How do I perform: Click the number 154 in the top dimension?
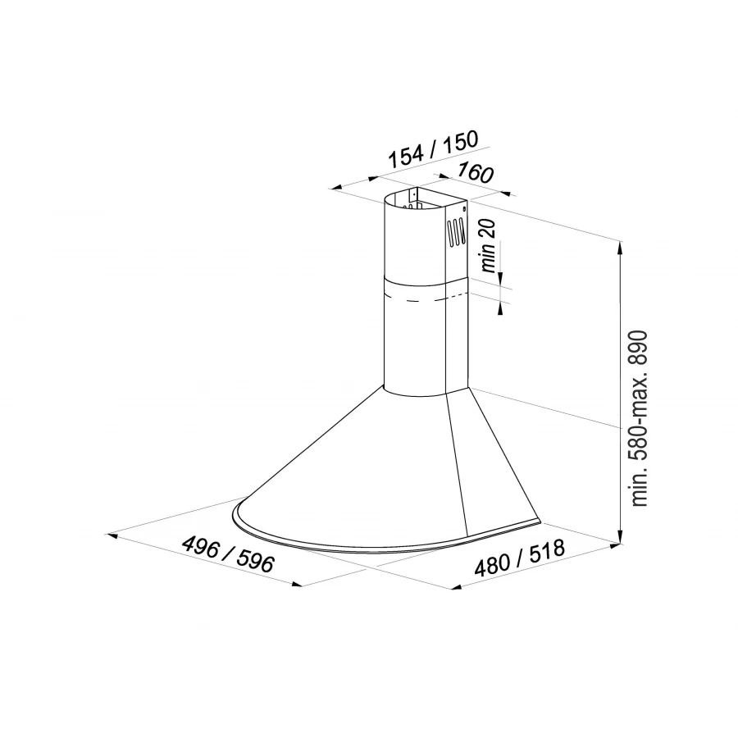click(405, 157)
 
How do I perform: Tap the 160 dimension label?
click(476, 173)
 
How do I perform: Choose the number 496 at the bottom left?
click(201, 547)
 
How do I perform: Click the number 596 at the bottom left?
click(256, 563)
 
